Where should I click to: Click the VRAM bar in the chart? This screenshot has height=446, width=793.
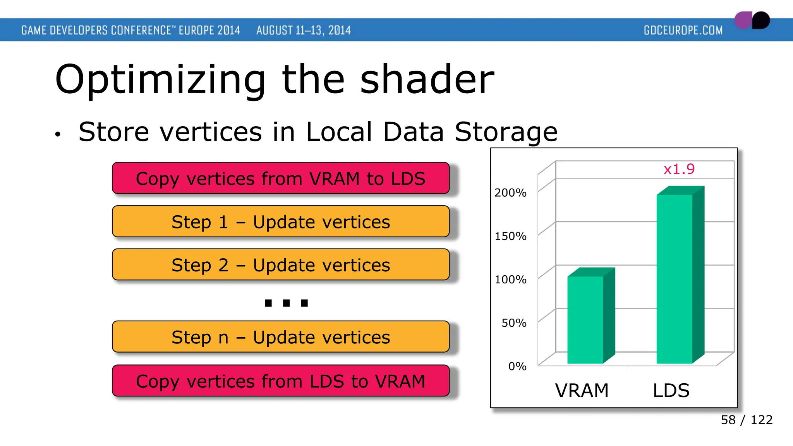point(585,319)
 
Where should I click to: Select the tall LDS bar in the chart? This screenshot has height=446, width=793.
point(675,279)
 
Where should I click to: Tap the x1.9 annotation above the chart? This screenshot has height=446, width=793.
point(679,169)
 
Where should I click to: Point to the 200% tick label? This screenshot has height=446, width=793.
point(510,193)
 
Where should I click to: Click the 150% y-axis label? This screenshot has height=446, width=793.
point(510,236)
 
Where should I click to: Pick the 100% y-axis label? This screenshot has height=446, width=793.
point(510,280)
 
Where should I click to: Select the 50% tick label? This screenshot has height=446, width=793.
point(514,323)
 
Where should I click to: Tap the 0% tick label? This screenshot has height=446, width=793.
point(517,366)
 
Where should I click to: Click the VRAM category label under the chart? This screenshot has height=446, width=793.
point(582,390)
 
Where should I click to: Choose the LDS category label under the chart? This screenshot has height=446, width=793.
point(671,390)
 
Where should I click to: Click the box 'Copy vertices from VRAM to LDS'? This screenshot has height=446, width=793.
point(281,178)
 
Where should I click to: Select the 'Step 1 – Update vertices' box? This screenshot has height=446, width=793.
point(281,222)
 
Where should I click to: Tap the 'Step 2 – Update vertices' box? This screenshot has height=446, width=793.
point(281,265)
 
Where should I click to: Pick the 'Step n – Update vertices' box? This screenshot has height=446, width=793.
point(281,337)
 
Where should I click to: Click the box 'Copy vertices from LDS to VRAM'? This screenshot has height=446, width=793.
point(281,381)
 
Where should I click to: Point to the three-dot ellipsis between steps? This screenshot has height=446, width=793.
point(286,303)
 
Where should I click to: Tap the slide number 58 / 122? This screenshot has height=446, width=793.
point(746,420)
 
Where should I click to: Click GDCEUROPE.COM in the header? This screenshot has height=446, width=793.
point(683,30)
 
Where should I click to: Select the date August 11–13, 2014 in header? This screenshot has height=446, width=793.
point(303,30)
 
